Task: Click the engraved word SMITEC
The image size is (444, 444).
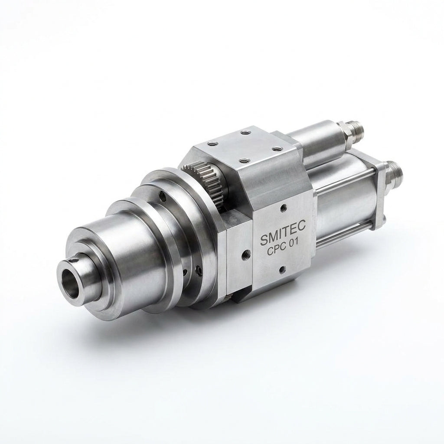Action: click(x=283, y=238)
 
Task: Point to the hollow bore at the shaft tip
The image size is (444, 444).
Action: click(x=71, y=281)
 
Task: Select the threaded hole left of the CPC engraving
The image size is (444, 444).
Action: click(x=244, y=253)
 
